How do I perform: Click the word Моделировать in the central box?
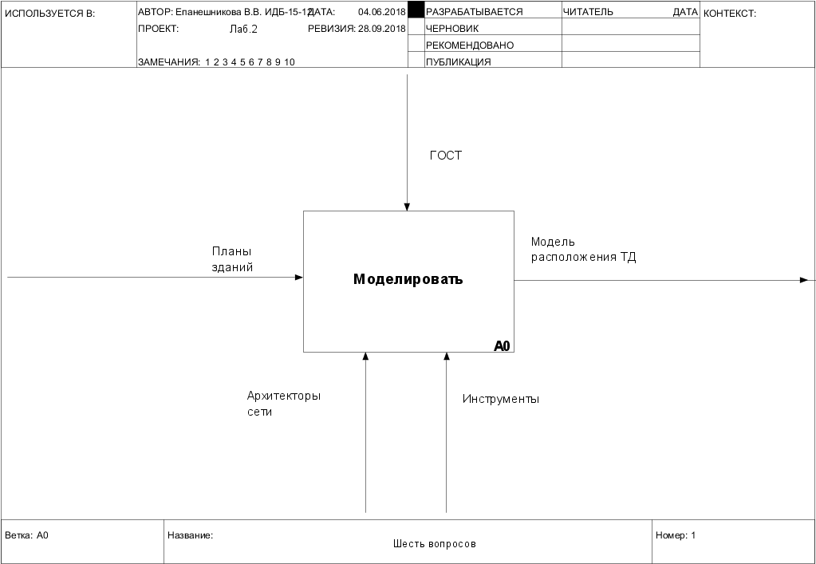[x=408, y=280]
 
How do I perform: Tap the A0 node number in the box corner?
[x=502, y=345]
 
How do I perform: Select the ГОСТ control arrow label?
[x=446, y=156]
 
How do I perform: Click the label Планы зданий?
[x=232, y=259]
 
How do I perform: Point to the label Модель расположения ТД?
[x=583, y=250]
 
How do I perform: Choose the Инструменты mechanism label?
[x=501, y=399]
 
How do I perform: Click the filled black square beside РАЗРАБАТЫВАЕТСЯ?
[x=416, y=10]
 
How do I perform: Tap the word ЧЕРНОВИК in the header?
[x=452, y=29]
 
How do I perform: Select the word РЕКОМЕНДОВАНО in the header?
[x=470, y=45]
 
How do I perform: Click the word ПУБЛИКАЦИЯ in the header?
[x=459, y=62]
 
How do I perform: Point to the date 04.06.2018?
[x=382, y=12]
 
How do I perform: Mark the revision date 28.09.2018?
[x=382, y=29]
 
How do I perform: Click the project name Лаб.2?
[x=243, y=29]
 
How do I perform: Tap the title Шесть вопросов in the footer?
[x=434, y=544]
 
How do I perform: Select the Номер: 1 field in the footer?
[x=676, y=535]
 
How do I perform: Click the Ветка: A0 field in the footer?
[x=27, y=535]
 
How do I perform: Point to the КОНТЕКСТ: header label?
[x=730, y=13]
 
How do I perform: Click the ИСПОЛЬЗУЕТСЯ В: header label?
[x=49, y=13]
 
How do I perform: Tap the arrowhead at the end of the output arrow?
[x=804, y=280]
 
